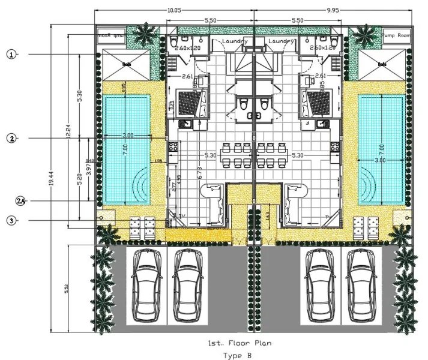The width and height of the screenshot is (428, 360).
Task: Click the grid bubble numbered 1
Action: (x=11, y=54)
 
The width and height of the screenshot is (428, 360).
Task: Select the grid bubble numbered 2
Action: (x=11, y=139)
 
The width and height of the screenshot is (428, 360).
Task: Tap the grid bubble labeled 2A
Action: (x=20, y=200)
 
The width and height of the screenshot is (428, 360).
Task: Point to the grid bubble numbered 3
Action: (x=11, y=221)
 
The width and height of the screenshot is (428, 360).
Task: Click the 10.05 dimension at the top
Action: (x=175, y=11)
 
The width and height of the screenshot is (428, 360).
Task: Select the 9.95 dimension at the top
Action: (x=334, y=11)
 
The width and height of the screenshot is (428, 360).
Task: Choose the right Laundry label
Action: (x=280, y=41)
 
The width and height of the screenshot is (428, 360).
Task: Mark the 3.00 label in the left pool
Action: (x=128, y=136)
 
